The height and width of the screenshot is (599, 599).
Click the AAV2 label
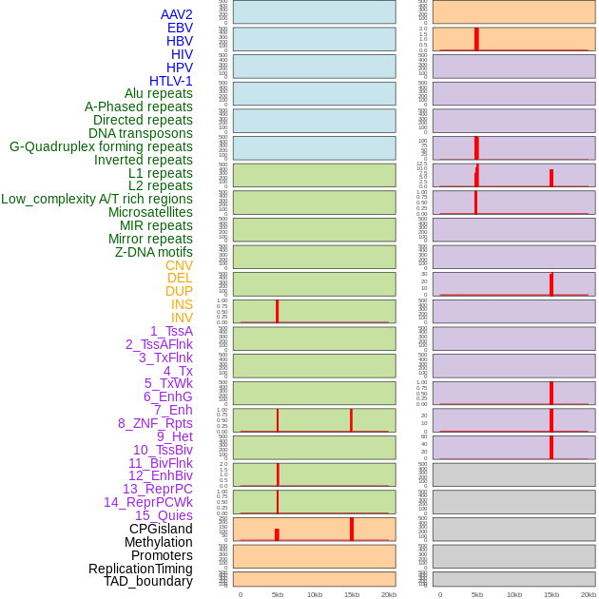(177, 14)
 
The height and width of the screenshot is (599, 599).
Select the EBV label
(180, 28)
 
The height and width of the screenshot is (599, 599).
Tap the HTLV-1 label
(171, 81)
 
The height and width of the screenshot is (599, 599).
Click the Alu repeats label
(159, 93)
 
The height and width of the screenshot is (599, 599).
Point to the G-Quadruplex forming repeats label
(101, 146)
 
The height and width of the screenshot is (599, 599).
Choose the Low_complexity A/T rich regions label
(97, 199)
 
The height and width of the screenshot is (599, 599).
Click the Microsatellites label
(150, 212)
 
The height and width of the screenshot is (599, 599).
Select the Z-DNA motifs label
(154, 252)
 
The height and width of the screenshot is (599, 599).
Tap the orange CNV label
(179, 265)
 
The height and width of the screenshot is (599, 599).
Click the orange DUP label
(179, 291)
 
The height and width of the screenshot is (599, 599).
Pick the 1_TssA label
(171, 331)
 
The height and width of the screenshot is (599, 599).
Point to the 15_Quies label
(164, 515)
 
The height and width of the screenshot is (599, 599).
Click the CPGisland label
(161, 529)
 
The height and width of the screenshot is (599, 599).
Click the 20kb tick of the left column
(389, 594)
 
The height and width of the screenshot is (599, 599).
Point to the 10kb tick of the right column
(514, 594)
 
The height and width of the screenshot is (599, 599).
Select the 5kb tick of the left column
(278, 594)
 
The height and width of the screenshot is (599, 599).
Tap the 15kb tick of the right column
(551, 594)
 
